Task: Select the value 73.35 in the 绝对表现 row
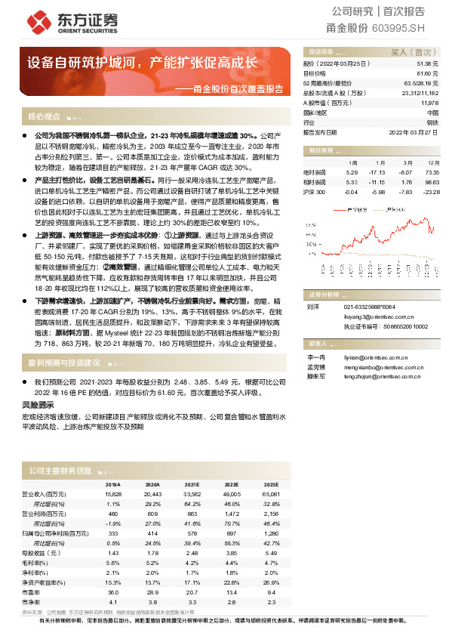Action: click(432, 172)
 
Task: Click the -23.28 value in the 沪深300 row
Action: click(432, 192)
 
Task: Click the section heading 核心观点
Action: click(43, 116)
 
